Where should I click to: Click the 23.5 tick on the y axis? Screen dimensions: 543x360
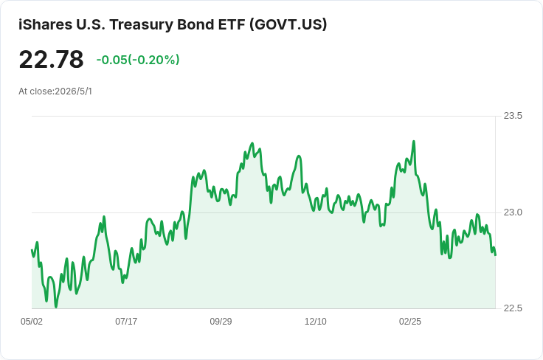[513, 116]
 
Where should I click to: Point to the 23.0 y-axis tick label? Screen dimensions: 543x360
[513, 212]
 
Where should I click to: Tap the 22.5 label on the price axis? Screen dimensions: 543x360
[513, 308]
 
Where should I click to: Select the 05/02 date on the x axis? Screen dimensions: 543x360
[32, 321]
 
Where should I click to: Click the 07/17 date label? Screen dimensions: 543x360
[126, 321]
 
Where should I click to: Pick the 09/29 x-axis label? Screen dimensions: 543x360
[221, 321]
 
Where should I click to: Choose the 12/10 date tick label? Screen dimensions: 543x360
[316, 321]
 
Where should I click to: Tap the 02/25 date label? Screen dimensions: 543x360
[410, 321]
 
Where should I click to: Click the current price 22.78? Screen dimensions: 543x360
[51, 60]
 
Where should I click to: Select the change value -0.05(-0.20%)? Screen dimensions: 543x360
[138, 60]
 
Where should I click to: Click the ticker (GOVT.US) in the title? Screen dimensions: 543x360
[288, 24]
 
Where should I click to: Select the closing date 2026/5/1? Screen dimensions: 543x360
[74, 91]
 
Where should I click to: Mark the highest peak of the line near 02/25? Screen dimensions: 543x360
[413, 141]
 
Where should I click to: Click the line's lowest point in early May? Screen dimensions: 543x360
[56, 307]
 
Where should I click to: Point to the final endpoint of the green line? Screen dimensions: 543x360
[495, 255]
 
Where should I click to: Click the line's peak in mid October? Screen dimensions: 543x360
[252, 143]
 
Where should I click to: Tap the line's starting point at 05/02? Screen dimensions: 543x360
[32, 250]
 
